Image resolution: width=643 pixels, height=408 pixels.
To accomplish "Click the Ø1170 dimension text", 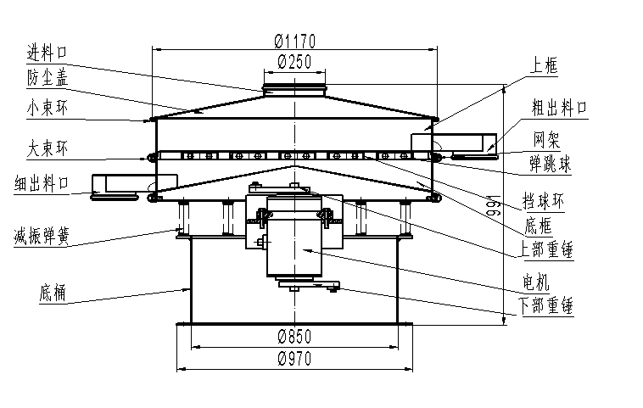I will pos(294,40).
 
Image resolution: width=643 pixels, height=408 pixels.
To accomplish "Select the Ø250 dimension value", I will pos(294,61).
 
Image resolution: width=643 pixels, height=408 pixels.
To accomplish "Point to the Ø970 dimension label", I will pos(294,359).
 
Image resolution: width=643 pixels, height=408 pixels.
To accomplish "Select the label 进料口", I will pos(46,53).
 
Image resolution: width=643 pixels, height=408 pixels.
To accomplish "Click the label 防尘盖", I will pos(46,78).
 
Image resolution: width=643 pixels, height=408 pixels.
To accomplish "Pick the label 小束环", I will pos(46,107).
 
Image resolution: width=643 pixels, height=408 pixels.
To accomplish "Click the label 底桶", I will pos(51,293).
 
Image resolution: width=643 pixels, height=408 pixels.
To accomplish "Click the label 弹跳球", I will pos(551,163).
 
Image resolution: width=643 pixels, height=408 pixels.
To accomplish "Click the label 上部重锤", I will pos(547,250).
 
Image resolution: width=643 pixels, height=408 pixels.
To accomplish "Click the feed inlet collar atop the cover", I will pos(294,88).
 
